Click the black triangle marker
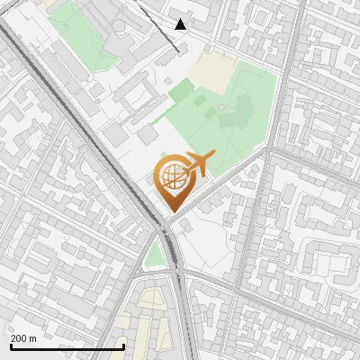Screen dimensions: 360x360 (x=181, y=24)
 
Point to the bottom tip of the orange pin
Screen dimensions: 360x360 (x=170, y=211)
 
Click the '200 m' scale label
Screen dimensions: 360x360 (x=23, y=338)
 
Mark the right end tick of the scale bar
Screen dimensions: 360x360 (x=123, y=346)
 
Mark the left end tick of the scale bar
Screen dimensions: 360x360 (x=11, y=346)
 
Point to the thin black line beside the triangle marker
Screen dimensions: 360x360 (x=162, y=27)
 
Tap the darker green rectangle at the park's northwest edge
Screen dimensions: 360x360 (x=181, y=90)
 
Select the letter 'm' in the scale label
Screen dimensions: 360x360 (x=32, y=338)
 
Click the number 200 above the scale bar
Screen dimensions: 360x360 (x=19, y=338)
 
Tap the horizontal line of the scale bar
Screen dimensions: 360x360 (x=67, y=347)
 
